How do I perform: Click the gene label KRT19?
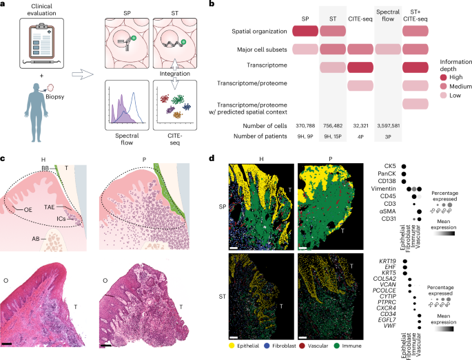point(387,261)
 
